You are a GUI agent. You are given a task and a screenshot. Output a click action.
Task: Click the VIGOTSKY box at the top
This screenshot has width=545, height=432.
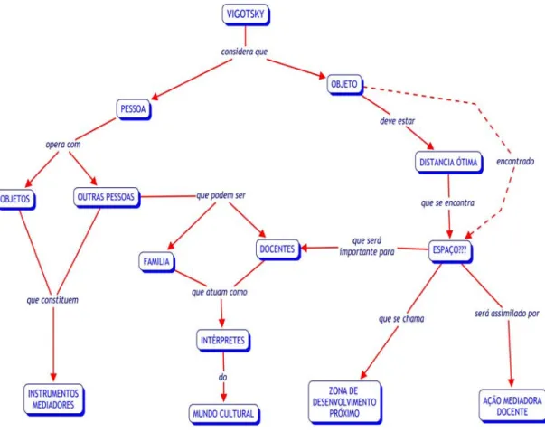click(246, 14)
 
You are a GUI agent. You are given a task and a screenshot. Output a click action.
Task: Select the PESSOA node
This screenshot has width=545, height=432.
click(134, 109)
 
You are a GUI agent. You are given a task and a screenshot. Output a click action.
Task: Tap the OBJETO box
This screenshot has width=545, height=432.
click(344, 84)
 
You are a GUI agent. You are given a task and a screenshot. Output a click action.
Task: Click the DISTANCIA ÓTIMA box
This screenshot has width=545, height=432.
click(448, 163)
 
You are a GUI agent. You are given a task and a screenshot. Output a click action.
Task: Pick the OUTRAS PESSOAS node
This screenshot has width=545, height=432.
click(107, 197)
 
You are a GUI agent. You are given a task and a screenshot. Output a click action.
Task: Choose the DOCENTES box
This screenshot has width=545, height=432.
click(277, 249)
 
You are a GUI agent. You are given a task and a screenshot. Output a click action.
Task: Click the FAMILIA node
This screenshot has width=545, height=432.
click(156, 262)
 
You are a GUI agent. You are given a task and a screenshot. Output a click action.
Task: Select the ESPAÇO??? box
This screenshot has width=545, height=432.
click(450, 250)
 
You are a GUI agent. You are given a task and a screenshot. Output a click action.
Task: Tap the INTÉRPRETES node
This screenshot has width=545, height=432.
click(223, 340)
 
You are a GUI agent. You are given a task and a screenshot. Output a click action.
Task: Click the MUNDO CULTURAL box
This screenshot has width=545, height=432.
click(224, 414)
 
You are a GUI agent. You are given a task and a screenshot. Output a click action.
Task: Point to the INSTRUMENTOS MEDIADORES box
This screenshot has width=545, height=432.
click(53, 399)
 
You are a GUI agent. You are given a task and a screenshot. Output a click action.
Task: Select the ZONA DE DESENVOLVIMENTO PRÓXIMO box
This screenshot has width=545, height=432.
click(344, 402)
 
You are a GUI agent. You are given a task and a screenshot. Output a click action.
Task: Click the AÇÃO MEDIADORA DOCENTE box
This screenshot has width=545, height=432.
click(512, 406)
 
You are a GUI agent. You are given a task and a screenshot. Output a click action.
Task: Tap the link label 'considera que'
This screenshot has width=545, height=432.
click(244, 52)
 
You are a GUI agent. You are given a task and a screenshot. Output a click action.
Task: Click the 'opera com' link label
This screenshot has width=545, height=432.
click(63, 145)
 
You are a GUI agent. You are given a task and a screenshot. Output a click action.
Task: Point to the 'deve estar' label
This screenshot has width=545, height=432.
click(398, 121)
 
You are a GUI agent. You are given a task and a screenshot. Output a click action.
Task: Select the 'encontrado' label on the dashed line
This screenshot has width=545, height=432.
click(515, 161)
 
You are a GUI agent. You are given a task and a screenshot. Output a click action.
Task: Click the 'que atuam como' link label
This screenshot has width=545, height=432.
click(220, 292)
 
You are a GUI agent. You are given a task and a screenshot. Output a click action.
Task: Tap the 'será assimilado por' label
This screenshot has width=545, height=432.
click(507, 314)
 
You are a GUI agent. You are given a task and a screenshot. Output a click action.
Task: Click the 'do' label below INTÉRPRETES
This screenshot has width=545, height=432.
click(223, 377)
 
